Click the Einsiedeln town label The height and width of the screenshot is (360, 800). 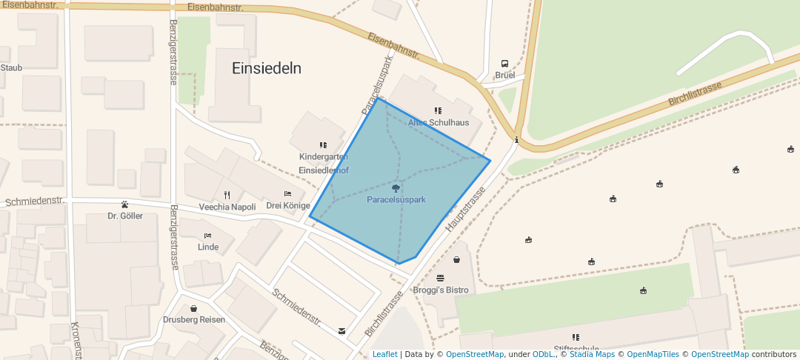(267, 68)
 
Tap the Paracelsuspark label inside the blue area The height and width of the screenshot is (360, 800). (396, 200)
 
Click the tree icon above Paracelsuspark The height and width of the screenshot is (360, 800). (396, 188)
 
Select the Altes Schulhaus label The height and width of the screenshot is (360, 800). (439, 122)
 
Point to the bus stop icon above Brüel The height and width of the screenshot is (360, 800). (504, 64)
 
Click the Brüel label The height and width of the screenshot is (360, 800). (504, 76)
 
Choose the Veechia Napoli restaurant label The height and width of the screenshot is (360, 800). (227, 207)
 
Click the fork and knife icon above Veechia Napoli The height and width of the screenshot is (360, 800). (227, 195)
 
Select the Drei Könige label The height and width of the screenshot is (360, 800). (288, 205)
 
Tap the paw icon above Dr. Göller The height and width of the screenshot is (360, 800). (124, 204)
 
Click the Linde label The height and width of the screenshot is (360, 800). (208, 247)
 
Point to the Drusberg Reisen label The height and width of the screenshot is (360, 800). (193, 320)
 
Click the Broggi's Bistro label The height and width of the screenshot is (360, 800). (441, 290)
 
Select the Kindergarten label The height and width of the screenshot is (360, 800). (324, 157)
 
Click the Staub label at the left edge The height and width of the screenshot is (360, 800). (11, 67)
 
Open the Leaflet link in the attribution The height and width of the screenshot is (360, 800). (384, 354)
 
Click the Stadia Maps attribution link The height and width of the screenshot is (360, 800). (592, 354)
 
